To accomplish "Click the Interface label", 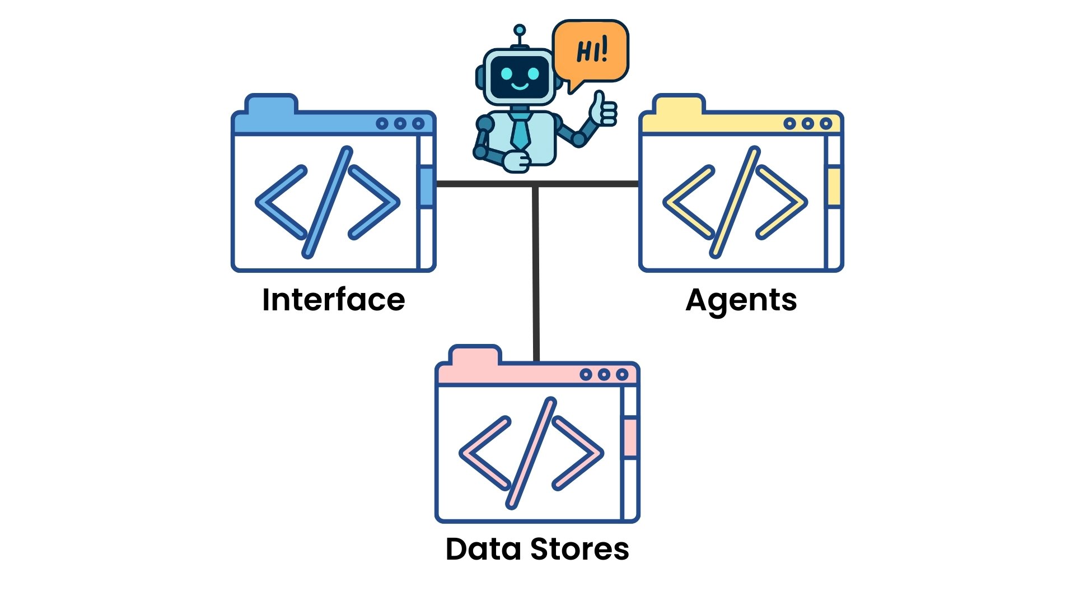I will tap(333, 300).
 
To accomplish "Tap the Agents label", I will tap(741, 300).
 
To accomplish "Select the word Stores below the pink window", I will tap(579, 549).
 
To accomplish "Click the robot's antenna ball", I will tap(520, 30).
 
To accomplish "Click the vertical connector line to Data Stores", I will tap(536, 274).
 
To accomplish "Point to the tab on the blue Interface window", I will tap(272, 105).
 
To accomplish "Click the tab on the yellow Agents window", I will tap(679, 105).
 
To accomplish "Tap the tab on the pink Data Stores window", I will tap(475, 356).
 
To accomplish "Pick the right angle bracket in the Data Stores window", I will tap(578, 453).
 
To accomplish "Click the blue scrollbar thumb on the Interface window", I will tap(427, 187).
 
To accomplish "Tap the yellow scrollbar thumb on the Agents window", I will tap(834, 187).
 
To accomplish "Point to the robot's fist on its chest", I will tap(516, 161).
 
